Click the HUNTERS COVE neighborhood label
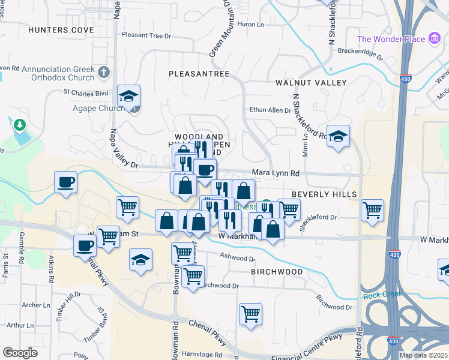coord(61,29)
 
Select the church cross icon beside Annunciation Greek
coord(104,73)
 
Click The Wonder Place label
coord(391,40)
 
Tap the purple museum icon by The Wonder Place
coord(435,40)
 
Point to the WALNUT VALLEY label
coord(311,82)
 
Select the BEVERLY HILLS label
coord(324,194)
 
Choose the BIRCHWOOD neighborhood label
coord(277,272)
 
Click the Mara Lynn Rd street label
coord(276,173)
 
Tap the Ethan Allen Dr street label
coord(270,110)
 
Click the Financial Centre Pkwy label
coord(306,341)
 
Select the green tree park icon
coord(20,125)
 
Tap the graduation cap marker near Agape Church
coord(128,95)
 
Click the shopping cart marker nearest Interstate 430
coord(373,210)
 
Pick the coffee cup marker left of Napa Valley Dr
coord(65,181)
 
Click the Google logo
coord(20,353)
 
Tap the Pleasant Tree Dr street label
coord(146,35)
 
